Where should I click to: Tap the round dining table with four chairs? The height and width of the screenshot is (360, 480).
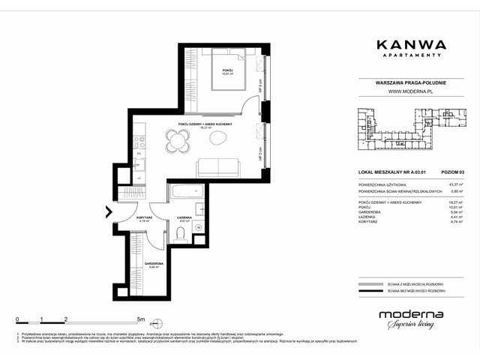pos(178,139)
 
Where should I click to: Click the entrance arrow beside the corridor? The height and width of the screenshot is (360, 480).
pos(109,212)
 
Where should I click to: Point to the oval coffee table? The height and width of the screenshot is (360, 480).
pos(220,139)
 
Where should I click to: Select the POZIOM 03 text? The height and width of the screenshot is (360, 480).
pos(451,172)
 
